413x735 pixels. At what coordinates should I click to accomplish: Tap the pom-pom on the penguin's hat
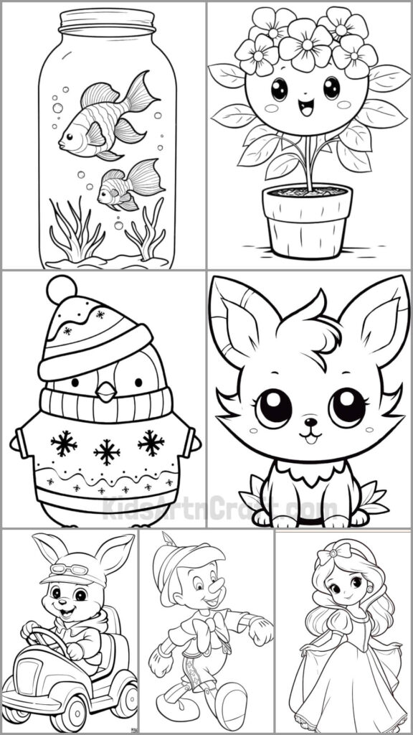61,289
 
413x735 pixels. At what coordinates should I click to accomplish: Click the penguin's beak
106,391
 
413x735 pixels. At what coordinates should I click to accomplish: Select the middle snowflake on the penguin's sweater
106,451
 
